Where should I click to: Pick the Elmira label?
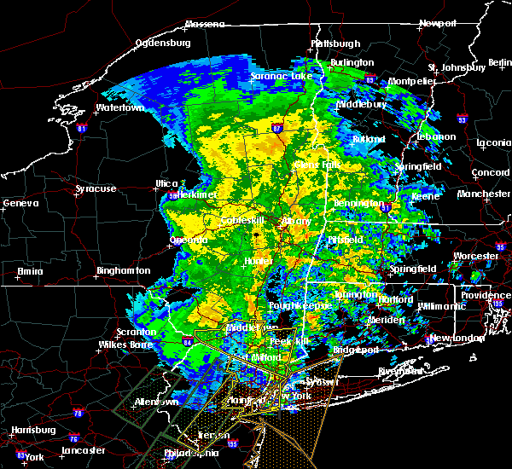coord(30,272)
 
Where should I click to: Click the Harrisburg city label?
coord(28,430)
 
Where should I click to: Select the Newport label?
coord(439,24)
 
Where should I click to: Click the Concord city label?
coord(492,173)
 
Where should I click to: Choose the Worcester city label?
coord(476,256)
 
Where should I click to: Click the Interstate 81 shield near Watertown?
coord(82,129)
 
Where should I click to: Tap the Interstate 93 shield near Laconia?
coord(462,119)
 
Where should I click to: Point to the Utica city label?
coord(166,183)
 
